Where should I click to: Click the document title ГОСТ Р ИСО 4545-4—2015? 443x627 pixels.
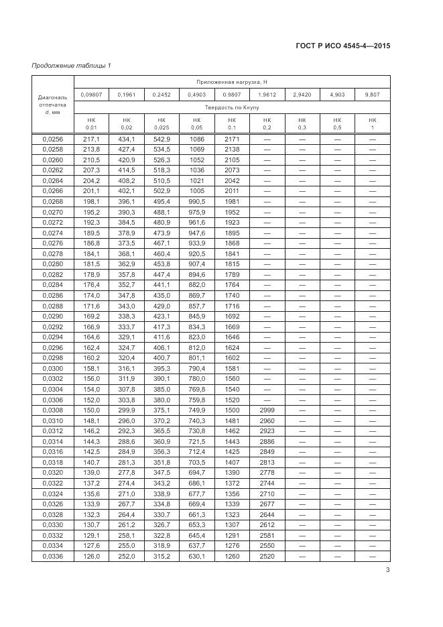342,46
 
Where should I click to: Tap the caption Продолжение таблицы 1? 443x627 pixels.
71,65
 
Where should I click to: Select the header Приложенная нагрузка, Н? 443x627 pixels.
231,81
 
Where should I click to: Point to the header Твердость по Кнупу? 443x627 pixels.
231,107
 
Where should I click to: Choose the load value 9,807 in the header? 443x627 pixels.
373,95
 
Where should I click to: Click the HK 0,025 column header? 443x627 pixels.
162,123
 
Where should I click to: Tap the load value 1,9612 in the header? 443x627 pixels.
267,95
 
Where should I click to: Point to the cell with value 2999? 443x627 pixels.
267,409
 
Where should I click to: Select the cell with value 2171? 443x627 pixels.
231,139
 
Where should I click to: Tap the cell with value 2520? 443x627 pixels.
267,557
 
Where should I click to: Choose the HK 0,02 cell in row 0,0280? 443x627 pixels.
126,264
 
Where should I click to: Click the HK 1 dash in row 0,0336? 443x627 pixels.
373,557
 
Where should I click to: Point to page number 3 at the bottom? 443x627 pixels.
388,571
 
